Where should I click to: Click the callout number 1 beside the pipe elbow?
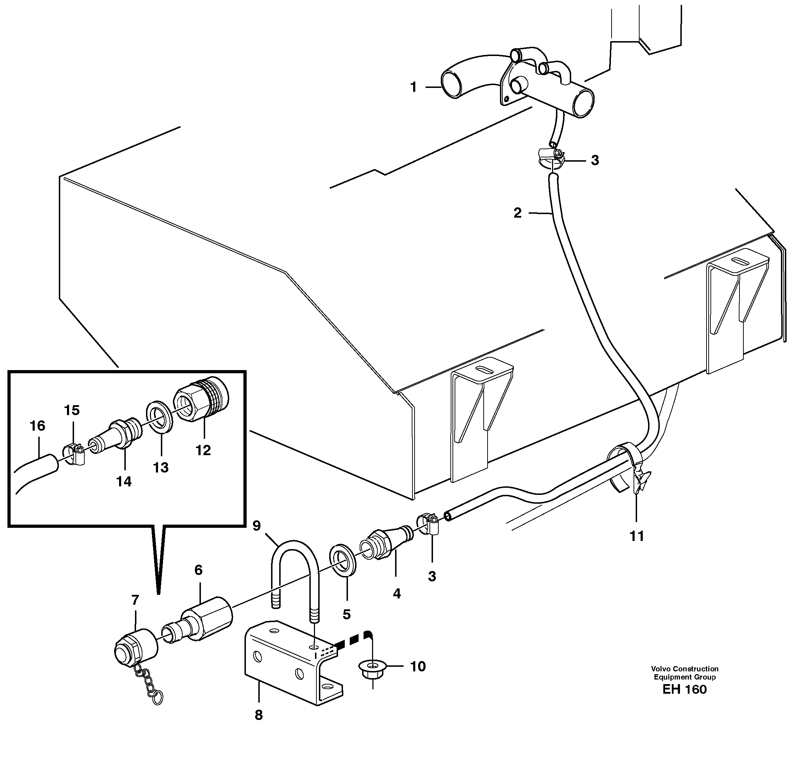[x=413, y=87]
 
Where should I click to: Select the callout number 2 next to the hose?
[x=517, y=213]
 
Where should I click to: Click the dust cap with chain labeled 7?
[x=134, y=648]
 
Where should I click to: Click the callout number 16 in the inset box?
[x=37, y=426]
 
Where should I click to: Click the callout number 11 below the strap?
[x=636, y=536]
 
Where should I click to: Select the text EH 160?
[x=684, y=689]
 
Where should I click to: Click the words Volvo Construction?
[x=685, y=669]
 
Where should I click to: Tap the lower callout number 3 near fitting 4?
[x=432, y=576]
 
